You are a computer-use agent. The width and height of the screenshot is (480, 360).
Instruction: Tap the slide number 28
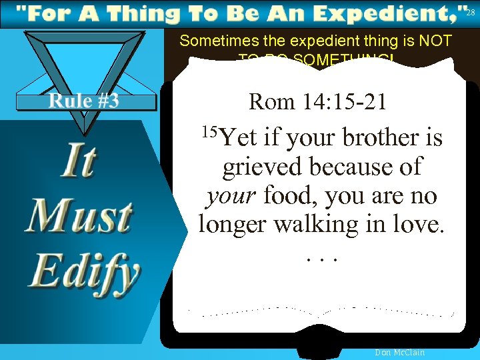(471, 13)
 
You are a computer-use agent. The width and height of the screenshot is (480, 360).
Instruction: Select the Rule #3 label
(84, 101)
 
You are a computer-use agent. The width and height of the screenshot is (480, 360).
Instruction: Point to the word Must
(79, 217)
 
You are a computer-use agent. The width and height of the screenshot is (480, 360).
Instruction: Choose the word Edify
(84, 271)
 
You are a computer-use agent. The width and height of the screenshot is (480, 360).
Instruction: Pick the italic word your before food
(231, 197)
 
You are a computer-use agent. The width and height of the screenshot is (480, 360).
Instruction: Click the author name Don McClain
(400, 353)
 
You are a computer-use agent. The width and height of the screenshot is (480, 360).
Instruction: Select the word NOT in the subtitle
(434, 41)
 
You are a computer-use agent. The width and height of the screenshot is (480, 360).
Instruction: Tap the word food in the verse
(290, 197)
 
